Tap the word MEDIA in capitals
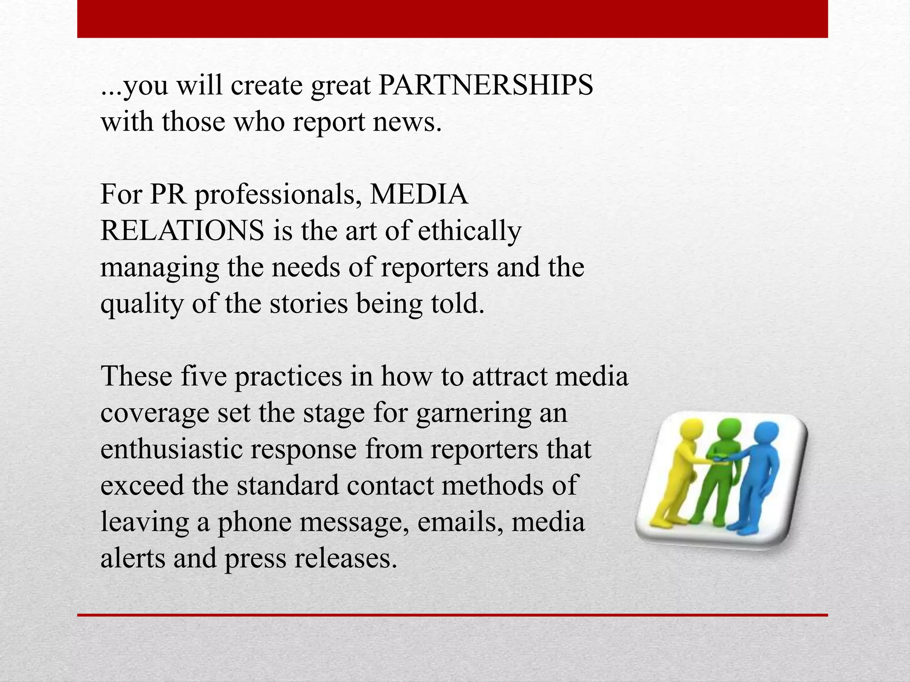pyautogui.click(x=419, y=194)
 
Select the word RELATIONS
pyautogui.click(x=182, y=230)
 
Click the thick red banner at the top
pyautogui.click(x=452, y=19)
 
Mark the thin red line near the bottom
pyautogui.click(x=452, y=615)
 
